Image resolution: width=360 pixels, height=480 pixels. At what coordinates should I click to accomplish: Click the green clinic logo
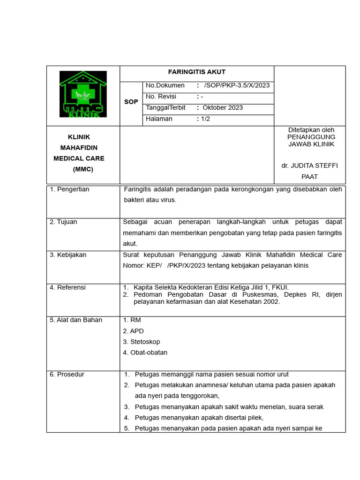(83, 94)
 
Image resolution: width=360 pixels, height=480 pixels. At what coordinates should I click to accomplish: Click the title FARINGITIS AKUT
(197, 72)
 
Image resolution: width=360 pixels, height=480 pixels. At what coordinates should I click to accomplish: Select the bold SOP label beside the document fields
(131, 102)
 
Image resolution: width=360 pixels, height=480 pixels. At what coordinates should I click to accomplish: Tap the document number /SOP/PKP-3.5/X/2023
(237, 85)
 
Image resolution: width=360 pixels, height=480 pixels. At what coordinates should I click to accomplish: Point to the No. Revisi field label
(161, 97)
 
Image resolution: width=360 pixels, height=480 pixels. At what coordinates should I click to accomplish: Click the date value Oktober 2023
(223, 108)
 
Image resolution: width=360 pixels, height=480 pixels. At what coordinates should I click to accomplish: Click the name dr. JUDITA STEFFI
(309, 165)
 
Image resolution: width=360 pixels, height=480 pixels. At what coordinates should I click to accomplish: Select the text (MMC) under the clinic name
(83, 170)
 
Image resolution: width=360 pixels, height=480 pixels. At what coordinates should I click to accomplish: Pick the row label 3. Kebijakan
(68, 255)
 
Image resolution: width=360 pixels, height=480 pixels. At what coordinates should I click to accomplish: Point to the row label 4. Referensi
(67, 287)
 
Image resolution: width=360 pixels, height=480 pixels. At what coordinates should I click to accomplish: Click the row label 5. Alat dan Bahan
(76, 320)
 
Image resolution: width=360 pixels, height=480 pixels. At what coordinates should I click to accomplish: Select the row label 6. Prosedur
(67, 375)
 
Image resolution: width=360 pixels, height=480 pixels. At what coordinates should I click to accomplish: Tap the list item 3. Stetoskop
(141, 342)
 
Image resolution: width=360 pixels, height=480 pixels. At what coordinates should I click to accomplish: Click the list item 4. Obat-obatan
(145, 352)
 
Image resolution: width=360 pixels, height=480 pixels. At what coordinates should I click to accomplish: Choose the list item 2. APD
(133, 331)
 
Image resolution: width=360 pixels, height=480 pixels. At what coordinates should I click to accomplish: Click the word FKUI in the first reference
(281, 287)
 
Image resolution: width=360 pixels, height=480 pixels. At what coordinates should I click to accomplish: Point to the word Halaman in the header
(159, 119)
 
